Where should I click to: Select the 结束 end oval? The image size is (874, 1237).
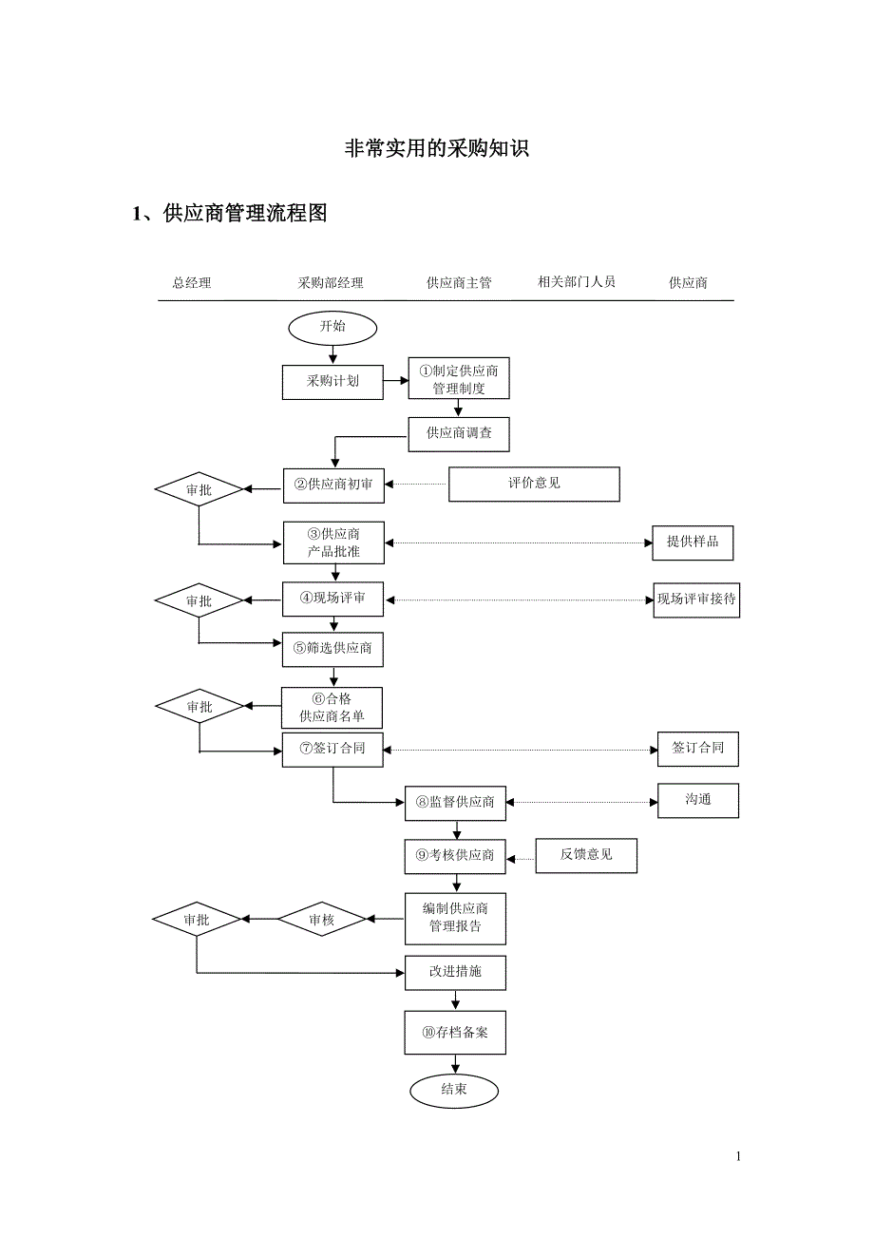[454, 1090]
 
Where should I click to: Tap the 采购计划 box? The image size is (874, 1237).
[332, 382]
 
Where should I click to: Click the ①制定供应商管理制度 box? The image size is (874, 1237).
[459, 380]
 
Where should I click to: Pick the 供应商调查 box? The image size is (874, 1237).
[459, 433]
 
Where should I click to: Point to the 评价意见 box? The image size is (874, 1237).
[534, 484]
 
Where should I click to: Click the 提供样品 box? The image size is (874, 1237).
[693, 542]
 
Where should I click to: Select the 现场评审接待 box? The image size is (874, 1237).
[696, 600]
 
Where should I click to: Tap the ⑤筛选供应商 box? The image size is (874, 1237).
[332, 649]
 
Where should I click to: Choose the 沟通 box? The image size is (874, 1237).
[698, 800]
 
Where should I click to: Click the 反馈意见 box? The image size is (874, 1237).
[586, 855]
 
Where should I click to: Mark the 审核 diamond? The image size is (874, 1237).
[322, 920]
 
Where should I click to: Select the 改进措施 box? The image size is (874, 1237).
[455, 972]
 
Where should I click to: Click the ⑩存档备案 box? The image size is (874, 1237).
[455, 1033]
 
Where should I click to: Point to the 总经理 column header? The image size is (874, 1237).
[192, 283]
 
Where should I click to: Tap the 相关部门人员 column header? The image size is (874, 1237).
[577, 282]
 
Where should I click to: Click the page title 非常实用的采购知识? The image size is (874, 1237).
[436, 149]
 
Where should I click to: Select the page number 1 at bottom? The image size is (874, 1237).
[738, 1156]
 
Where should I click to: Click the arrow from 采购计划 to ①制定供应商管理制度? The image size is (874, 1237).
[396, 382]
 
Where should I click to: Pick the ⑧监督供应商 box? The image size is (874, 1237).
[455, 803]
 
